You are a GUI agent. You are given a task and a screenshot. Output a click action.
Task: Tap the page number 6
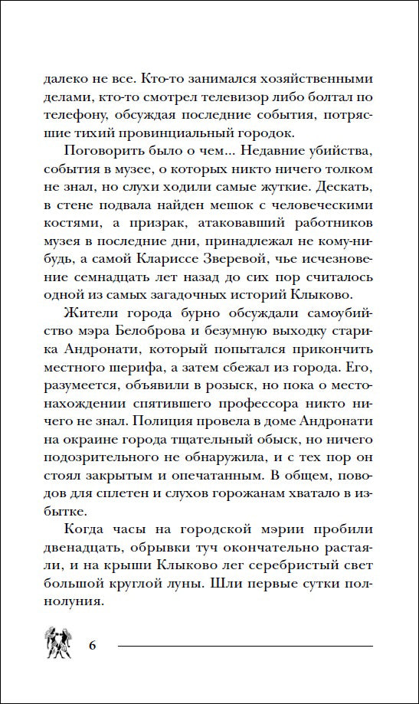(93, 643)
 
